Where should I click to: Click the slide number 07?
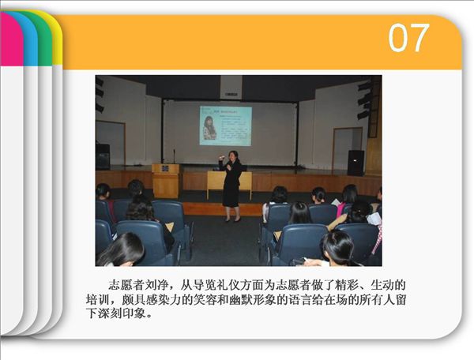point(408,38)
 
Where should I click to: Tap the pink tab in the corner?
point(11,39)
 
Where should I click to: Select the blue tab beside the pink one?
point(30,39)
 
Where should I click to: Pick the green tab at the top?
point(44,39)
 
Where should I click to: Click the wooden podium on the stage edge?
point(166,181)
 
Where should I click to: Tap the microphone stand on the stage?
point(174,156)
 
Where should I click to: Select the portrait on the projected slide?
point(209,127)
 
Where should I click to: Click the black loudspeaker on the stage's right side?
point(355,163)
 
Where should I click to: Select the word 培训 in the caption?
point(97,299)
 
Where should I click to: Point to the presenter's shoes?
point(232,219)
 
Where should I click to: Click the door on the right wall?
point(348,148)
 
